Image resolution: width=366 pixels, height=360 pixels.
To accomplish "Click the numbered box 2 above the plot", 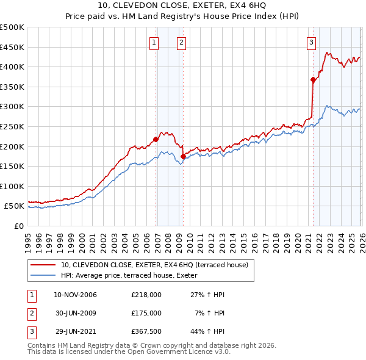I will (182, 42).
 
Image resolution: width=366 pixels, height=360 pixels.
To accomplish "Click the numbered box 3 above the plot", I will (311, 42).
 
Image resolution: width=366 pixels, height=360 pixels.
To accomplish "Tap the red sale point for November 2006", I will (156, 139).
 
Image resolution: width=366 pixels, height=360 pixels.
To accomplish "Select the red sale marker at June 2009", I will (184, 156).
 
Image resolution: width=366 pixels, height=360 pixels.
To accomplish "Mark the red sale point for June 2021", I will (313, 79).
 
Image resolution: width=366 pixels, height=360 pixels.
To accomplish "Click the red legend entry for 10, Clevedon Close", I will (154, 265).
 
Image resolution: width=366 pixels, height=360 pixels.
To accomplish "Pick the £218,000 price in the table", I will (146, 295).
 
